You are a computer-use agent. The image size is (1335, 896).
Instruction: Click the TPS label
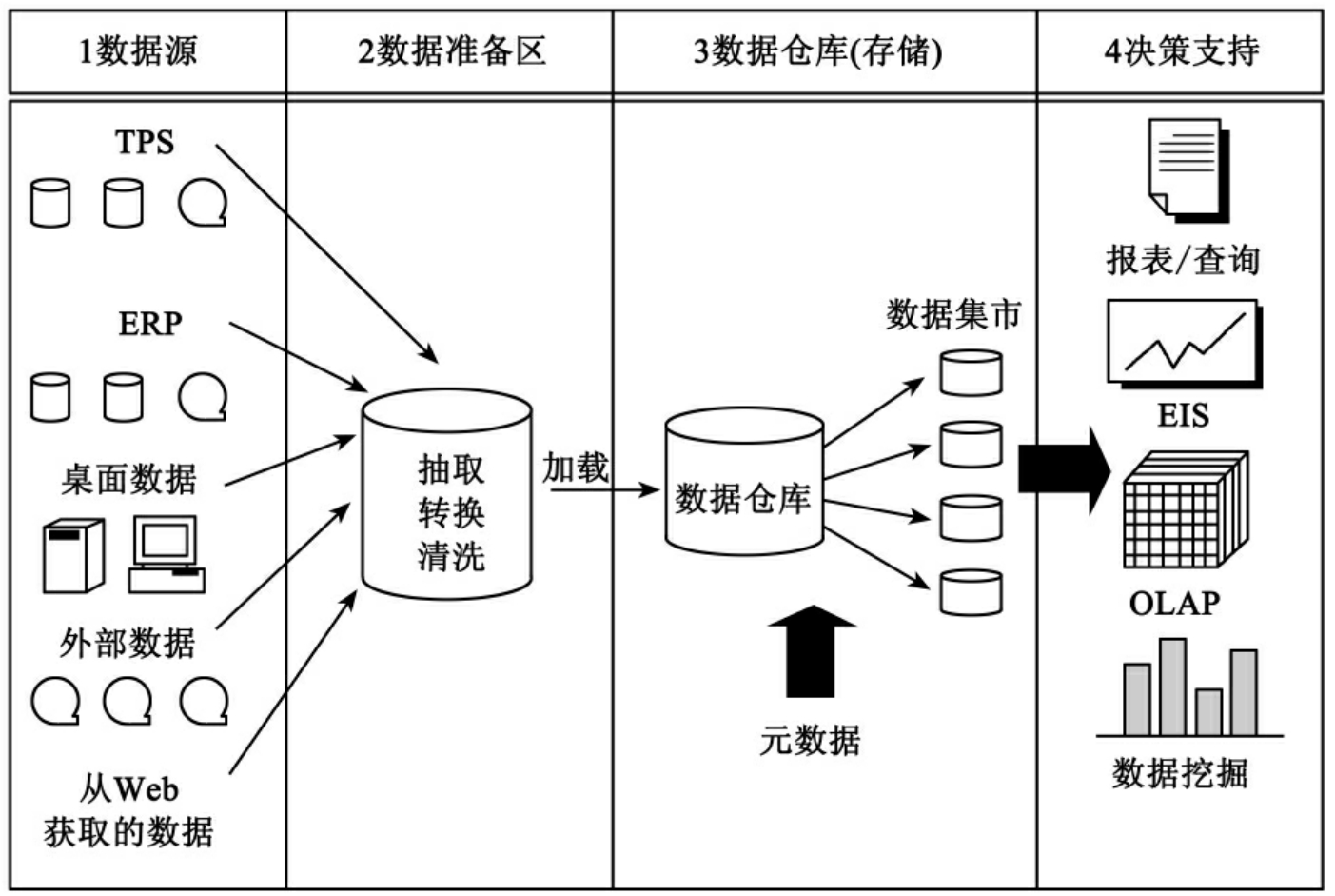pyautogui.click(x=145, y=143)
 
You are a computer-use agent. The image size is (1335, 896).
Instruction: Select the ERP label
pyautogui.click(x=149, y=324)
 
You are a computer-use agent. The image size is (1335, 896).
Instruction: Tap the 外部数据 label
pyautogui.click(x=127, y=645)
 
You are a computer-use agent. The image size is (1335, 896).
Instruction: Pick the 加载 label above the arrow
pyautogui.click(x=575, y=468)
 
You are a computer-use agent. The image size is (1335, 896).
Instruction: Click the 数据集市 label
pyautogui.click(x=952, y=314)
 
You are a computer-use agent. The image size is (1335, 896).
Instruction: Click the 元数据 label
pyautogui.click(x=810, y=740)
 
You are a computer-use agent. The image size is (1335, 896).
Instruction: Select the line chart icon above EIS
pyautogui.click(x=1184, y=342)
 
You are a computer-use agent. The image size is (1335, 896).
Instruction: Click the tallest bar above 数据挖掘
pyautogui.click(x=1172, y=686)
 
